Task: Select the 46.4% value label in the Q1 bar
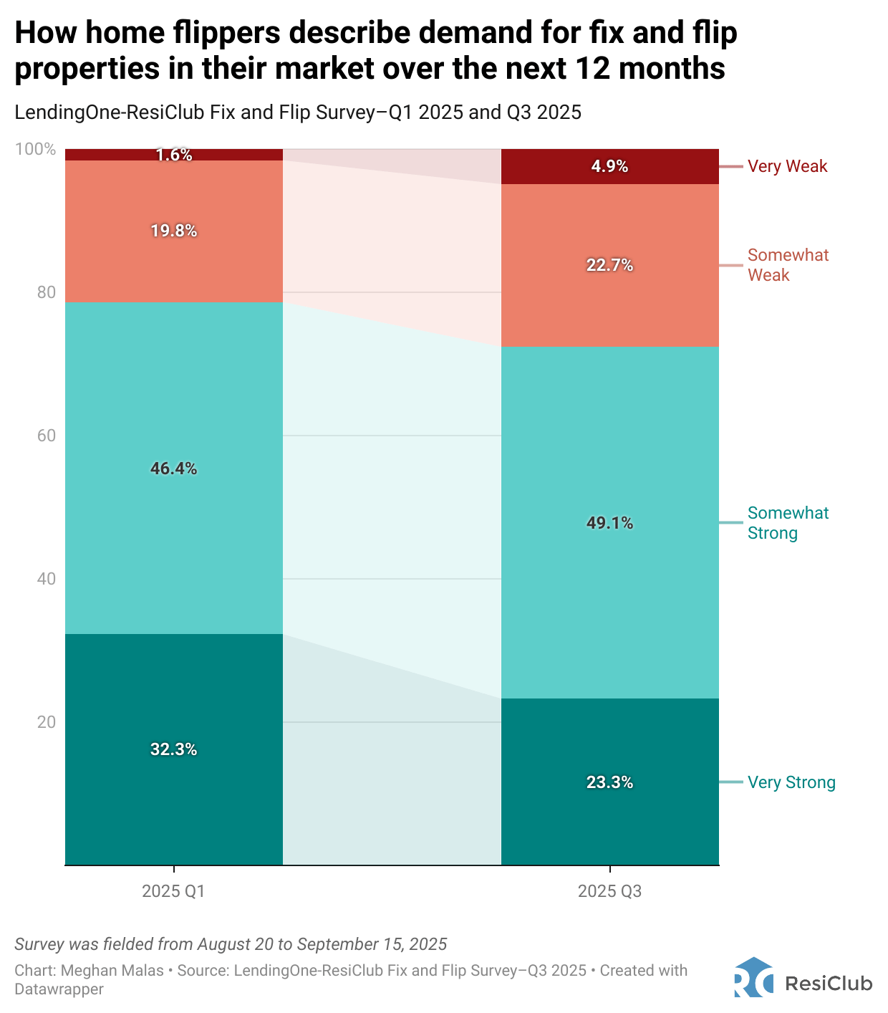(173, 469)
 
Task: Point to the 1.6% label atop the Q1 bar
(174, 155)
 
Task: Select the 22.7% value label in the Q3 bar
(609, 265)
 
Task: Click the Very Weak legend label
(787, 166)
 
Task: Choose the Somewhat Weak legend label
(788, 265)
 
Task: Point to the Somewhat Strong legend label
(788, 523)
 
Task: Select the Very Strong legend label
(791, 782)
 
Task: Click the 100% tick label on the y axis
(35, 149)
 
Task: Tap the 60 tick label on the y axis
(46, 436)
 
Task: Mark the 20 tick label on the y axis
(46, 722)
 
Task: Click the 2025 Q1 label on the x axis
(173, 891)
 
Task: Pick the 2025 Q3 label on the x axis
(609, 891)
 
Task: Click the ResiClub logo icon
(753, 977)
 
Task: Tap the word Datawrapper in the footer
(59, 989)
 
